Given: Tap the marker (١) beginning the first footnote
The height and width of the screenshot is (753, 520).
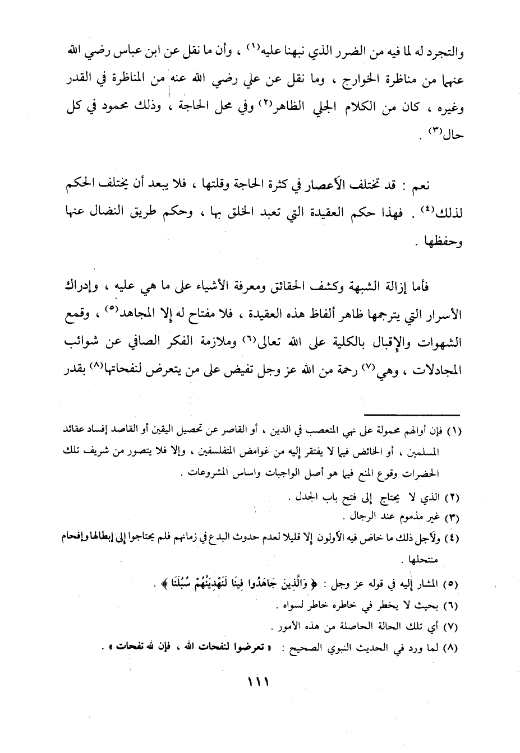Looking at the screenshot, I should (452, 431).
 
